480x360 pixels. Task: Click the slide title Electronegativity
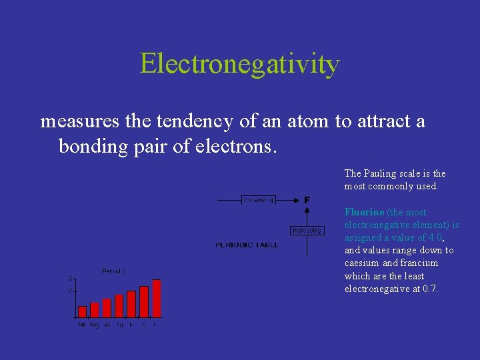240,64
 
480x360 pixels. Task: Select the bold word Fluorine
364,212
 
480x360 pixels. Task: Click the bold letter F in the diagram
307,199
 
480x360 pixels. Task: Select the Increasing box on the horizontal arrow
259,199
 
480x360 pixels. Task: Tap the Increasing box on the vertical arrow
307,230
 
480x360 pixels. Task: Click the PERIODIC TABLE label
247,245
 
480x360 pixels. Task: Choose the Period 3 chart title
113,271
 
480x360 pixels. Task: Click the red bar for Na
82,311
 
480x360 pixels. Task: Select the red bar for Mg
95,310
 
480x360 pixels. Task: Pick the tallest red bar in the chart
157,298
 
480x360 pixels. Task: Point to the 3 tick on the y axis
70,278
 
